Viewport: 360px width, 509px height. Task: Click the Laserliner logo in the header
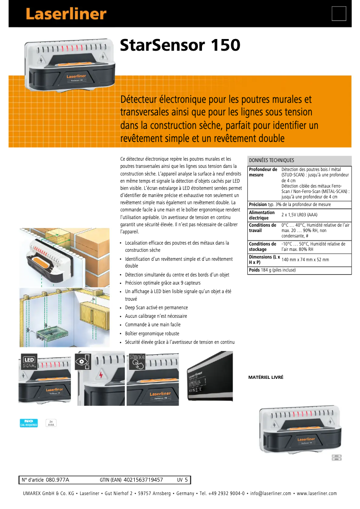click(x=66, y=14)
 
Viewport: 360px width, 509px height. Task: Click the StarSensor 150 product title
click(x=180, y=45)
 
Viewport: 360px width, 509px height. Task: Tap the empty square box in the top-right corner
click(x=339, y=13)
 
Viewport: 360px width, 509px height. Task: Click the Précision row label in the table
click(x=258, y=204)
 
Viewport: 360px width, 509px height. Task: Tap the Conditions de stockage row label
click(x=263, y=246)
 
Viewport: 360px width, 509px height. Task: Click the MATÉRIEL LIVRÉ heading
click(x=266, y=377)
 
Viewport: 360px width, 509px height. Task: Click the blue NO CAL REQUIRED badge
click(x=29, y=423)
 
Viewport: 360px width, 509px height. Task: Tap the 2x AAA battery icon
click(x=51, y=423)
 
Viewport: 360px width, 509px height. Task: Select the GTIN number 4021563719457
click(x=143, y=480)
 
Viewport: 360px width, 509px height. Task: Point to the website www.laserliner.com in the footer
click(x=316, y=494)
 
